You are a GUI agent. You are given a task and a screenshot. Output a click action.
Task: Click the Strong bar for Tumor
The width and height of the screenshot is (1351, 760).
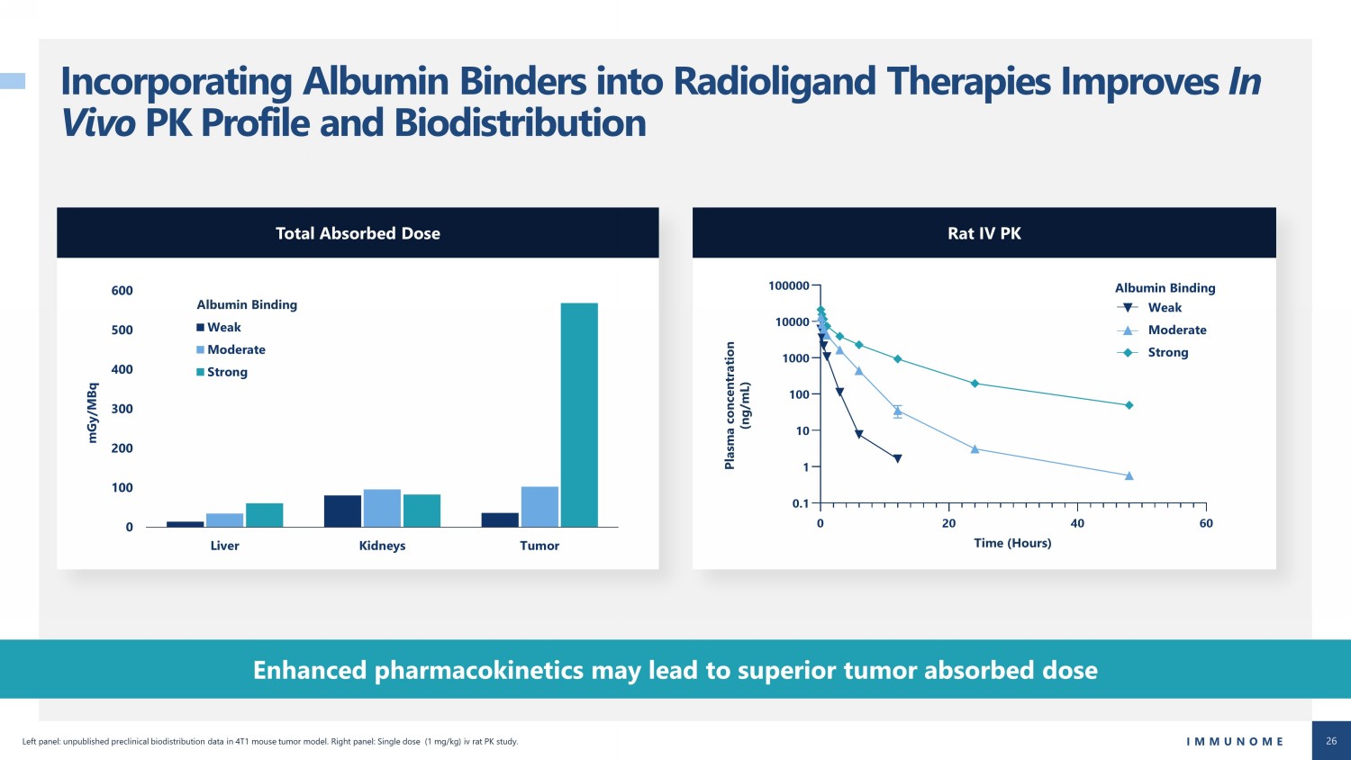tap(579, 415)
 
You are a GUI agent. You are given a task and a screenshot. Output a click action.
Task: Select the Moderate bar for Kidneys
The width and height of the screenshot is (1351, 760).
tap(382, 508)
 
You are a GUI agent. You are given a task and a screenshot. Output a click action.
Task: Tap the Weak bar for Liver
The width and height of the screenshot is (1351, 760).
tap(186, 524)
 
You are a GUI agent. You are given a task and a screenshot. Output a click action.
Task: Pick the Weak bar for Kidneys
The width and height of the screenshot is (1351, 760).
tap(342, 511)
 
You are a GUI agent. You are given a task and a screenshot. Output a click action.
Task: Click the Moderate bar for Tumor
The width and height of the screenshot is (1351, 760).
tap(539, 507)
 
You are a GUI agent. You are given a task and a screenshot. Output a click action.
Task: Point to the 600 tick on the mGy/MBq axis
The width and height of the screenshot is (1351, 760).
tap(122, 291)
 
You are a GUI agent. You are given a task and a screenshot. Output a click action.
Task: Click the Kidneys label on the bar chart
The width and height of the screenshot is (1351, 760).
tap(382, 546)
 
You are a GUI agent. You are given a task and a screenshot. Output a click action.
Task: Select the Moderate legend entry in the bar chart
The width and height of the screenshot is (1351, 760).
tap(231, 350)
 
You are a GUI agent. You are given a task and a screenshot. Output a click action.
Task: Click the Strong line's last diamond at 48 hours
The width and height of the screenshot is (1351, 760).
tap(1129, 405)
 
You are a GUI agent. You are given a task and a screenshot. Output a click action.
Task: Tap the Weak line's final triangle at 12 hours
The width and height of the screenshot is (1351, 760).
tap(897, 459)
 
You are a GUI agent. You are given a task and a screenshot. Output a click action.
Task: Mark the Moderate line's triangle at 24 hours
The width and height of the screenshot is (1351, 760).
tap(975, 448)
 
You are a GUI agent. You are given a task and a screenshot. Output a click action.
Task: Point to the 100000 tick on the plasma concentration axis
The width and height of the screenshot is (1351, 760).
tap(788, 286)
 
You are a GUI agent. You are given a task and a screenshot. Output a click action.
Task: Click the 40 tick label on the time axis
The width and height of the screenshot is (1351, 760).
tap(1077, 523)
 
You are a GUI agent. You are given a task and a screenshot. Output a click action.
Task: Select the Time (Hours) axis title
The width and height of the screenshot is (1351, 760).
tap(1012, 543)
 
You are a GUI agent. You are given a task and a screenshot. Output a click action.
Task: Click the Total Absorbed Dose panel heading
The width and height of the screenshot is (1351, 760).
tap(358, 233)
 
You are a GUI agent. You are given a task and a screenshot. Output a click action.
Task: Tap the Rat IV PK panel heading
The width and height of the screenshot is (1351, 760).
tap(984, 233)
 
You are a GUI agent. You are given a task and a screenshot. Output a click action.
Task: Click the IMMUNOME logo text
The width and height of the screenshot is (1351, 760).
tap(1235, 741)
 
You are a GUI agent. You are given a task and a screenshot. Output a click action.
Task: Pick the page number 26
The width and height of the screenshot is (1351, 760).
tap(1331, 741)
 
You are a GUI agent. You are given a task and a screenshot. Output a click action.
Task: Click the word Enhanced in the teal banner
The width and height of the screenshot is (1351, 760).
tap(310, 670)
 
